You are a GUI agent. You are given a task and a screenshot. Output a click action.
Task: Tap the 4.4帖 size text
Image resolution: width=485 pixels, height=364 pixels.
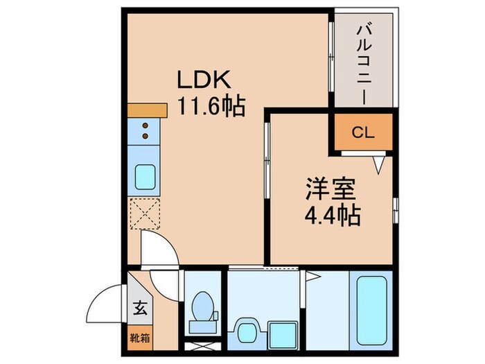pyautogui.click(x=333, y=215)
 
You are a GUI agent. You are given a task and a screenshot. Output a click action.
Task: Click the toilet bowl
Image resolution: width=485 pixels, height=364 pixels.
pyautogui.click(x=203, y=306)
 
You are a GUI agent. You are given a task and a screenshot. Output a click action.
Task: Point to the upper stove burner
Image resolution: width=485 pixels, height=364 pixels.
pyautogui.click(x=145, y=125)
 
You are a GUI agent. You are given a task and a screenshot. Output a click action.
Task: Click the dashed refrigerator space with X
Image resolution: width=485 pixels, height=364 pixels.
pyautogui.click(x=145, y=213)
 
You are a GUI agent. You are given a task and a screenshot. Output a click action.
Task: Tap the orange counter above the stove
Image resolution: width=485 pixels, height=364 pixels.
pyautogui.click(x=148, y=110)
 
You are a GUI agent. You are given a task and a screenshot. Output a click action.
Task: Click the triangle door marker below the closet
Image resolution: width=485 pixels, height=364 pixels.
pyautogui.click(x=378, y=166)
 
